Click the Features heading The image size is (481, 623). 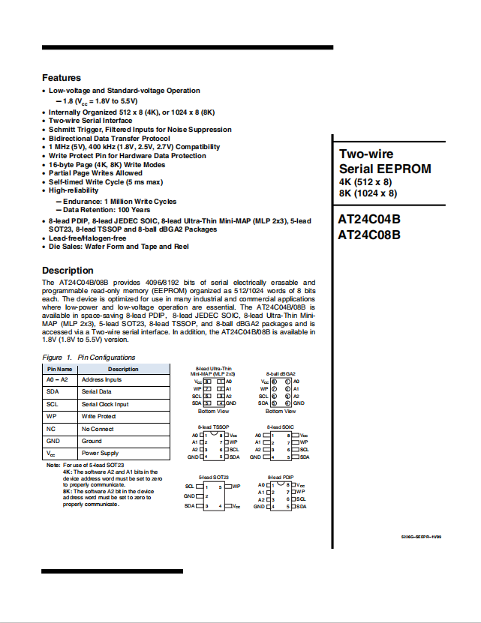pos(62,78)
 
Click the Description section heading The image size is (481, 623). pos(68,271)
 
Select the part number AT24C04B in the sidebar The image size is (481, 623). pos(369,220)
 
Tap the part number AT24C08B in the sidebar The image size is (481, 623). pos(369,235)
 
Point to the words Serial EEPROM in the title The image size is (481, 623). pos(385,169)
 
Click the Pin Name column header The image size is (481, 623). pos(60,369)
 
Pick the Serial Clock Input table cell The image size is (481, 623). pos(105,404)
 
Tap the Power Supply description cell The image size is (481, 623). pos(101,454)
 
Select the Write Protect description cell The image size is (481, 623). pos(98,416)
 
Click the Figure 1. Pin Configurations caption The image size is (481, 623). pos(89,358)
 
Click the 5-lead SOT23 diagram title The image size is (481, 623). pos(213,477)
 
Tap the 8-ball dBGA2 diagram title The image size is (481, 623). pos(281,373)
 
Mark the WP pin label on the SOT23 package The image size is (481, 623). pos(236,486)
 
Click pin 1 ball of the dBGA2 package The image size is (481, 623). pos(275,382)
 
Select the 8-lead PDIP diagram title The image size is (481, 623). pos(281,477)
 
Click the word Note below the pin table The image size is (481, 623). pos(53,466)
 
